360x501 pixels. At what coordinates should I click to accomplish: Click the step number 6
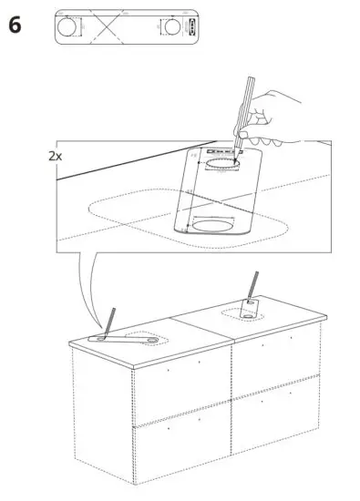tap(15, 25)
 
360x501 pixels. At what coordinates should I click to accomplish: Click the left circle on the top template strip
tap(68, 27)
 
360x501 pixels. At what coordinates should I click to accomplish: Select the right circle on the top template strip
tap(172, 27)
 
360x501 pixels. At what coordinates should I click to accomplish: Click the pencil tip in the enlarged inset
tap(235, 162)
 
